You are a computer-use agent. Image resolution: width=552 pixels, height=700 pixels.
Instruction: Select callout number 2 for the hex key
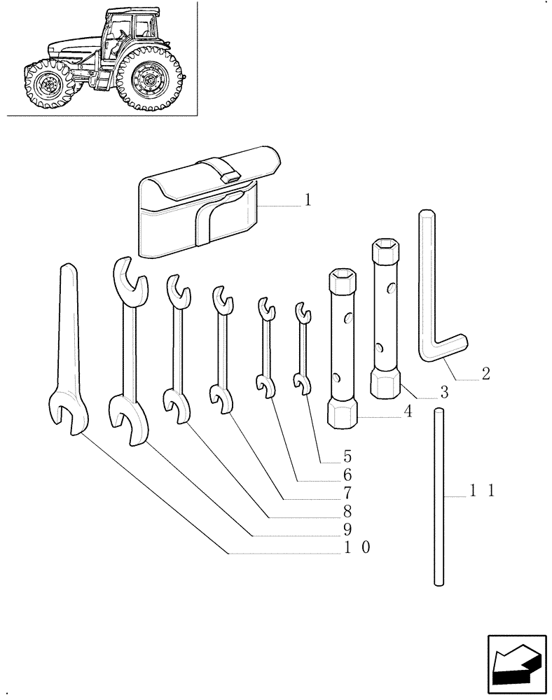tap(485, 374)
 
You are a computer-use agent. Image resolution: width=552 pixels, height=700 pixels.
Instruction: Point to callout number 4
tap(406, 413)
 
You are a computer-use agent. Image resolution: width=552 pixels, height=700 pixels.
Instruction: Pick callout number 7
tap(347, 493)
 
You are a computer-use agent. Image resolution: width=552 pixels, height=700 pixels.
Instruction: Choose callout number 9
tap(347, 528)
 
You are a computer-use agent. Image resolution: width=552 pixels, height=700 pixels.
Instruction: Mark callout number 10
tap(354, 547)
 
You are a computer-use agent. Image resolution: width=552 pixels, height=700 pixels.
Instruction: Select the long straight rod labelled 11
tap(439, 497)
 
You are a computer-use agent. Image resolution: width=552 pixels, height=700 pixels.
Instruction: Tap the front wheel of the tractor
tap(47, 85)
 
